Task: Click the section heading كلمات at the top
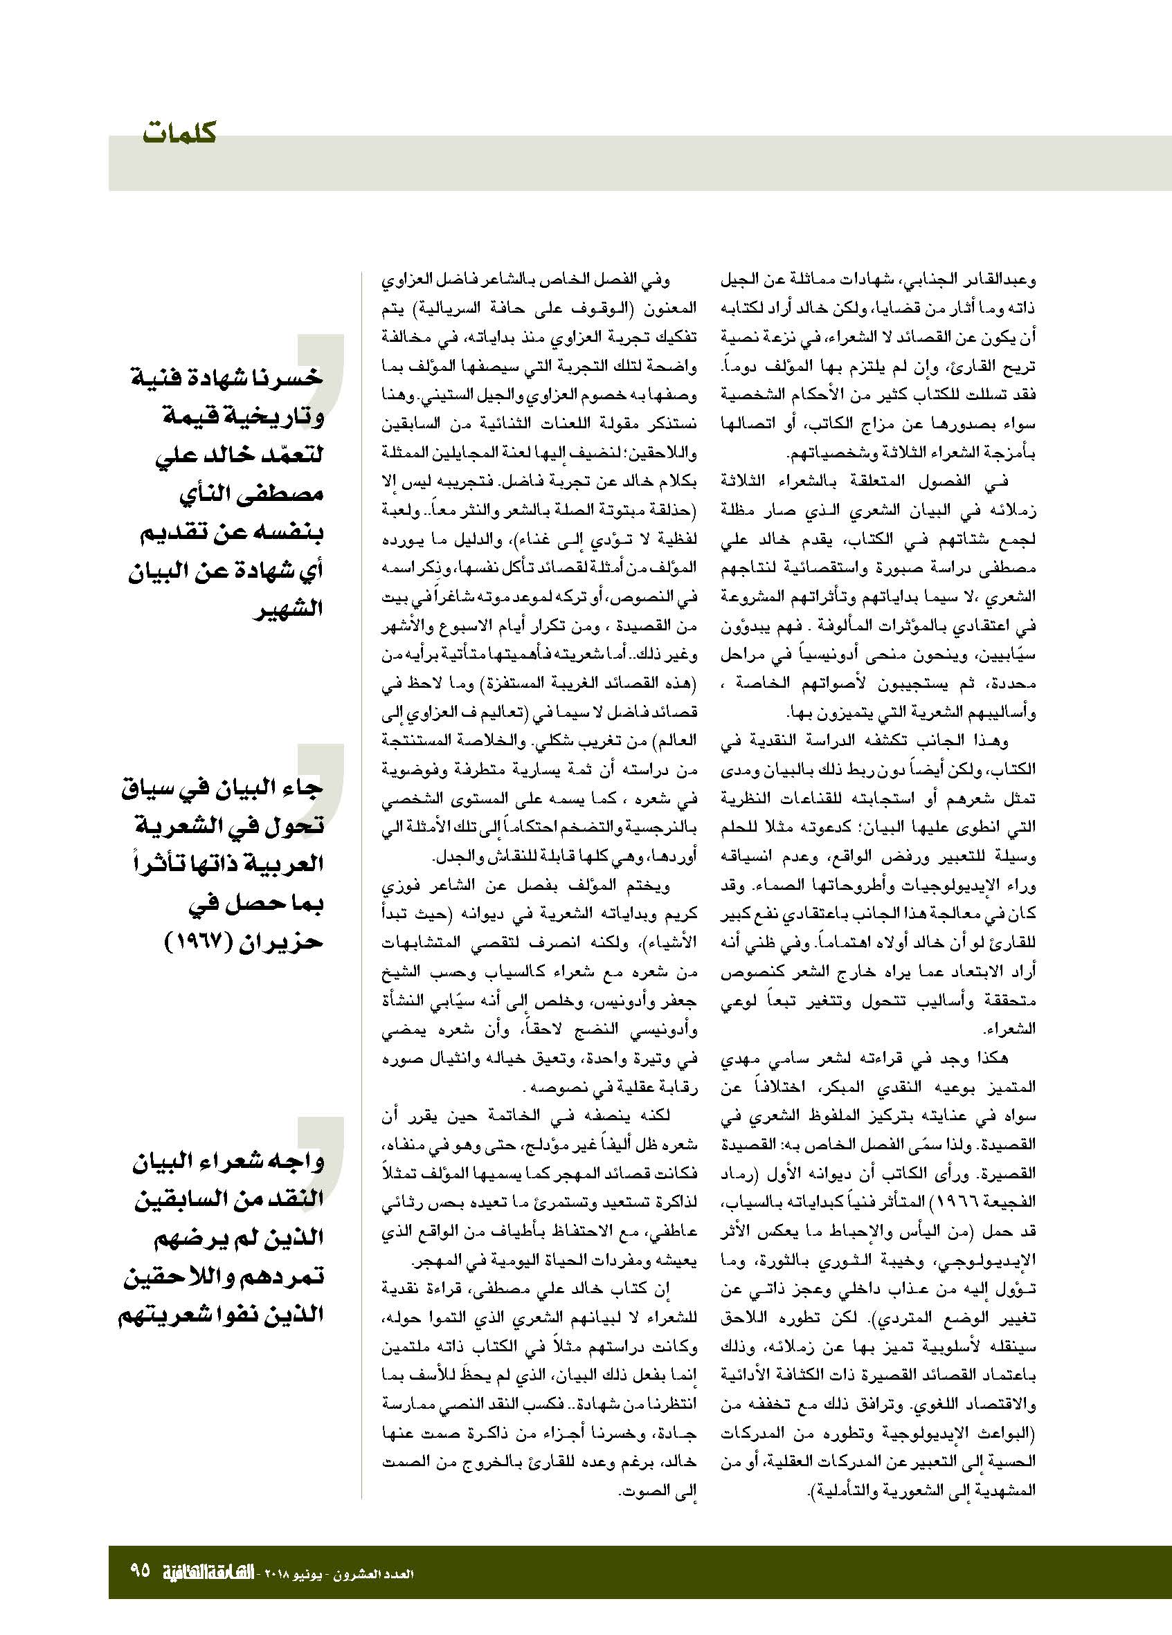tap(179, 134)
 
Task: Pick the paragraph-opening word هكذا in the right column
tap(993, 1057)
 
